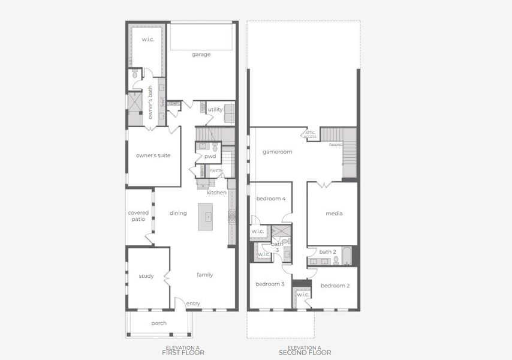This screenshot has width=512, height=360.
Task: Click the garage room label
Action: click(201, 55)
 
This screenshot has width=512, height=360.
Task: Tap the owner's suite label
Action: click(153, 155)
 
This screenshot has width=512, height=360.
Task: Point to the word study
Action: click(146, 276)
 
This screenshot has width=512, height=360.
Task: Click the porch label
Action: click(159, 323)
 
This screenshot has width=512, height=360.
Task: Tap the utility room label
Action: click(215, 110)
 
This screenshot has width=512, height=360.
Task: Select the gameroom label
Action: click(277, 152)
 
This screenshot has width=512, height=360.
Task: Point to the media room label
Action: click(334, 214)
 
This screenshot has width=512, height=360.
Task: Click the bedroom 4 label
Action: click(271, 199)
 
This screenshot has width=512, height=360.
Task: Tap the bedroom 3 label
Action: click(270, 284)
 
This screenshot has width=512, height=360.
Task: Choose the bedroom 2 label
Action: click(335, 286)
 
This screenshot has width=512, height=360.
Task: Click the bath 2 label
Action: click(327, 251)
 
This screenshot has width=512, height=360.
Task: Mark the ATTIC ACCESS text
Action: click(310, 135)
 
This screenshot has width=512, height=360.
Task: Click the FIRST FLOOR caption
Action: click(183, 353)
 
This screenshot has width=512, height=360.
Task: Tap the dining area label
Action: click(178, 213)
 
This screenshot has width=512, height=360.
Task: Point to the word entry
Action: click(193, 304)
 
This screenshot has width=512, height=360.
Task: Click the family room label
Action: click(205, 275)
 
